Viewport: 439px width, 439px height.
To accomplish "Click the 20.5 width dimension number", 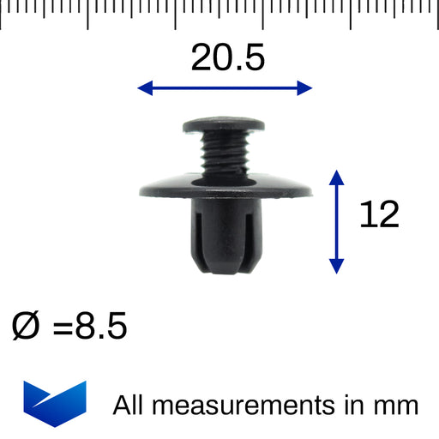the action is [x=228, y=57].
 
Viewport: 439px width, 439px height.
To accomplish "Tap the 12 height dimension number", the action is [x=379, y=214].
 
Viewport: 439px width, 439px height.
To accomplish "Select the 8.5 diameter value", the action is [x=101, y=326].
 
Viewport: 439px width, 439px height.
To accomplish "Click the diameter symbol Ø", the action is [x=25, y=326].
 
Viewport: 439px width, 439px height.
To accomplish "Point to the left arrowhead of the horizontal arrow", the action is [x=145, y=87].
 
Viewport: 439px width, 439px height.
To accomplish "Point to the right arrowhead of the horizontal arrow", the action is [x=304, y=87].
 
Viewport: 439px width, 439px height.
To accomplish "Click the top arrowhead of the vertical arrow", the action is [x=336, y=177].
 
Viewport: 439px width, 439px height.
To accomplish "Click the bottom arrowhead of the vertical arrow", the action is [x=336, y=267].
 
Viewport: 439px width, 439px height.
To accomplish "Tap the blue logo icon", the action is [x=55, y=404].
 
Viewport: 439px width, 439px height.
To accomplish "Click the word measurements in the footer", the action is [x=244, y=406].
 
